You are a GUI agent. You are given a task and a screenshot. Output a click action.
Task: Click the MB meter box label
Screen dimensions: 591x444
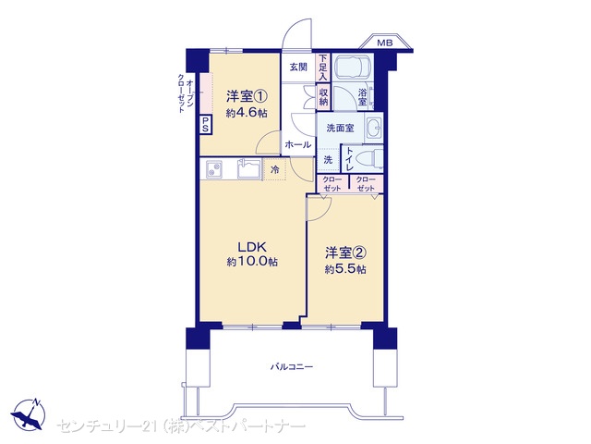pyautogui.click(x=384, y=43)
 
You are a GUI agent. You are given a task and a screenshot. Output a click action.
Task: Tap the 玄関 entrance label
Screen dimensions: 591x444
pyautogui.click(x=298, y=68)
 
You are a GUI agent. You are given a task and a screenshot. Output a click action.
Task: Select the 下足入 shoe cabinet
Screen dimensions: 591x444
pyautogui.click(x=323, y=68)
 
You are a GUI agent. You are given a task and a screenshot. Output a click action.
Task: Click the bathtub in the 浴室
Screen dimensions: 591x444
pyautogui.click(x=353, y=67)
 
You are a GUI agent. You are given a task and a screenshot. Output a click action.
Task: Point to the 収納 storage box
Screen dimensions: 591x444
pyautogui.click(x=323, y=97)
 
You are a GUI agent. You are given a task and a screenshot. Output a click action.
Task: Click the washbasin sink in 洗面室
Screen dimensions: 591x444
pyautogui.click(x=373, y=128)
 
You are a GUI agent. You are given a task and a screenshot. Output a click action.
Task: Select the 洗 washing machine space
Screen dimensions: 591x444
pyautogui.click(x=328, y=160)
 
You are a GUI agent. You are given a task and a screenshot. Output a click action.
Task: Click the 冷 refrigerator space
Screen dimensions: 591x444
pyautogui.click(x=275, y=169)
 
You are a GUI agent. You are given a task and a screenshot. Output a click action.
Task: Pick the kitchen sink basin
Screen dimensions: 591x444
pyautogui.click(x=248, y=168)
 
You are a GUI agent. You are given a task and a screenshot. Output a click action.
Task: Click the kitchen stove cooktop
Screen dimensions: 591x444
pyautogui.click(x=214, y=168)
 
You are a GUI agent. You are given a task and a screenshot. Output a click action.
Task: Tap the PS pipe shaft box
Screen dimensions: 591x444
pyautogui.click(x=205, y=125)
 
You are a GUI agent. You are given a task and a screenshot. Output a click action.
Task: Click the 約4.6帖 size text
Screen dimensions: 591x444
pyautogui.click(x=247, y=113)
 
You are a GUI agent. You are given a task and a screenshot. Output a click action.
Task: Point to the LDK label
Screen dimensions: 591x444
pyautogui.click(x=252, y=247)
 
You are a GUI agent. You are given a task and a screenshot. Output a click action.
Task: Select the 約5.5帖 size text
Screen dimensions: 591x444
pyautogui.click(x=345, y=269)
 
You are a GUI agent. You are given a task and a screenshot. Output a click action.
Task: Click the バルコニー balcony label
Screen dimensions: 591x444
pyautogui.click(x=292, y=366)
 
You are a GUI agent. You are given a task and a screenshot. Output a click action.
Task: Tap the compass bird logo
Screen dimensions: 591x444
pyautogui.click(x=29, y=414)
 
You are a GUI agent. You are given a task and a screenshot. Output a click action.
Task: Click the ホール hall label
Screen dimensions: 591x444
pyautogui.click(x=298, y=144)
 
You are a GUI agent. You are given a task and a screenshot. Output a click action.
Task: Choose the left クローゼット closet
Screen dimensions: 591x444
pyautogui.click(x=332, y=184)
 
